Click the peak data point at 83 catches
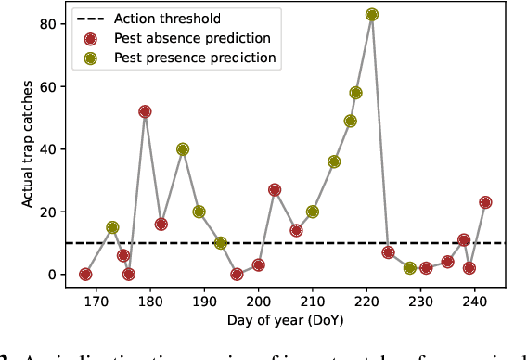click(x=372, y=15)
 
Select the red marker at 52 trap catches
click(x=145, y=111)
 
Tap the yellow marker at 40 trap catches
click(x=183, y=149)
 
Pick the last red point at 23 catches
click(x=485, y=202)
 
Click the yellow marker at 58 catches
click(x=355, y=93)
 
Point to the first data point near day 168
click(x=85, y=275)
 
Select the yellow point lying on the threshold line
click(x=221, y=243)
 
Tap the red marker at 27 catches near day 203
click(x=275, y=190)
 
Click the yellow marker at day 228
click(x=410, y=268)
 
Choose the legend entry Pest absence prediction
click(x=193, y=39)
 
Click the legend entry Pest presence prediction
click(x=196, y=58)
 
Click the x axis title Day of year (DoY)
click(x=285, y=320)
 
